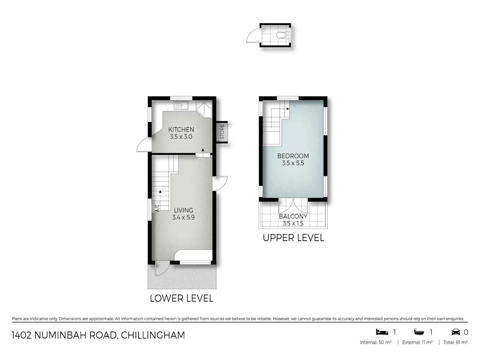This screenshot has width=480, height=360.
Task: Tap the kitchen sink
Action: click(x=181, y=105)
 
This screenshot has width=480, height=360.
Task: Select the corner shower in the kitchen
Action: click(x=204, y=109)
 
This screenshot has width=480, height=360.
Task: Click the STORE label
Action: click(x=222, y=132)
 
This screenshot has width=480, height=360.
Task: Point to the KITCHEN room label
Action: click(x=181, y=130)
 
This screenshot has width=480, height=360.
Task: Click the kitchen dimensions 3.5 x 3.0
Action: click(x=181, y=137)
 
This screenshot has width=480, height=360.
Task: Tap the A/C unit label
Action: click(x=158, y=208)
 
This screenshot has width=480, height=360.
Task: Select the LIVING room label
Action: click(x=184, y=210)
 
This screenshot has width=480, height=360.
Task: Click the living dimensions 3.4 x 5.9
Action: click(x=184, y=218)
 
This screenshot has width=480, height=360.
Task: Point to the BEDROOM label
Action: click(x=293, y=156)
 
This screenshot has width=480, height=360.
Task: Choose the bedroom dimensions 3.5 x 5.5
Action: click(x=293, y=163)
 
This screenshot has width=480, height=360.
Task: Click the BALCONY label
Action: click(x=293, y=216)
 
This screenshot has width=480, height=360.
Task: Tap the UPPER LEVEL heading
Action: click(x=293, y=238)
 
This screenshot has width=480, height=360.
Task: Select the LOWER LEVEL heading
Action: click(x=182, y=298)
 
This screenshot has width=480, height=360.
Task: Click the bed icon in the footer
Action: click(x=382, y=332)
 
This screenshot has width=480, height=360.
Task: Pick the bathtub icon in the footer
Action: click(x=419, y=332)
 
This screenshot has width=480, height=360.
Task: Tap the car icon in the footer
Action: click(x=456, y=332)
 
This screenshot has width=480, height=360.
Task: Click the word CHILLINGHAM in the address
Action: click(x=153, y=335)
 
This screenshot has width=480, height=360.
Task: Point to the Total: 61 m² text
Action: click(x=455, y=342)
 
